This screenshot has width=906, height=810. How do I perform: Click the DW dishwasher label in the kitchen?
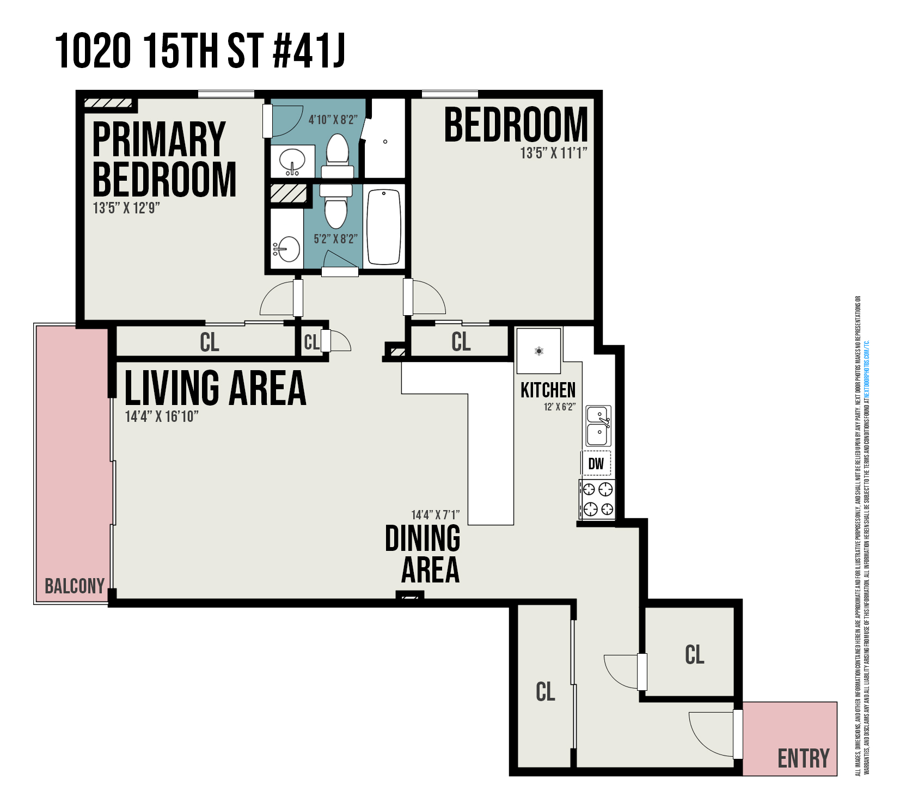click(596, 463)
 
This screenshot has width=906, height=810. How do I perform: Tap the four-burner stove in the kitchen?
click(597, 499)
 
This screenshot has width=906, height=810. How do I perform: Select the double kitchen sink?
click(598, 426)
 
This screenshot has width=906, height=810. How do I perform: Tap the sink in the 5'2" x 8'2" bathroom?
click(287, 250)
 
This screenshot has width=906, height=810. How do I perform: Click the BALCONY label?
click(75, 586)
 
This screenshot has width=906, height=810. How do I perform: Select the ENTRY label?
click(803, 758)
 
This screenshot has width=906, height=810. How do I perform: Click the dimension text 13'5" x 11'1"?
click(554, 153)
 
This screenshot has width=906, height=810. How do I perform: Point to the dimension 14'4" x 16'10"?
click(162, 416)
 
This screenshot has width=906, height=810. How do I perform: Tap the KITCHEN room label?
click(548, 390)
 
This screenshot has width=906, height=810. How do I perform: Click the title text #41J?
click(309, 51)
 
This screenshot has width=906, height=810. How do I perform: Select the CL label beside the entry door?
click(694, 654)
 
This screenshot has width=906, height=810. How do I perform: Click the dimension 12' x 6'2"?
click(559, 407)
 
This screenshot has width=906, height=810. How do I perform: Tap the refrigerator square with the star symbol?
click(538, 351)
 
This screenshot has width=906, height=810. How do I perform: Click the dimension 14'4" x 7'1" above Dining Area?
click(435, 514)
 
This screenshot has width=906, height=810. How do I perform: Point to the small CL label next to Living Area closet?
click(311, 342)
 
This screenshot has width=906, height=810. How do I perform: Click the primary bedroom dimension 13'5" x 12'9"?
click(126, 208)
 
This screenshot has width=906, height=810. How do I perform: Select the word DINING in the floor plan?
click(423, 539)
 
